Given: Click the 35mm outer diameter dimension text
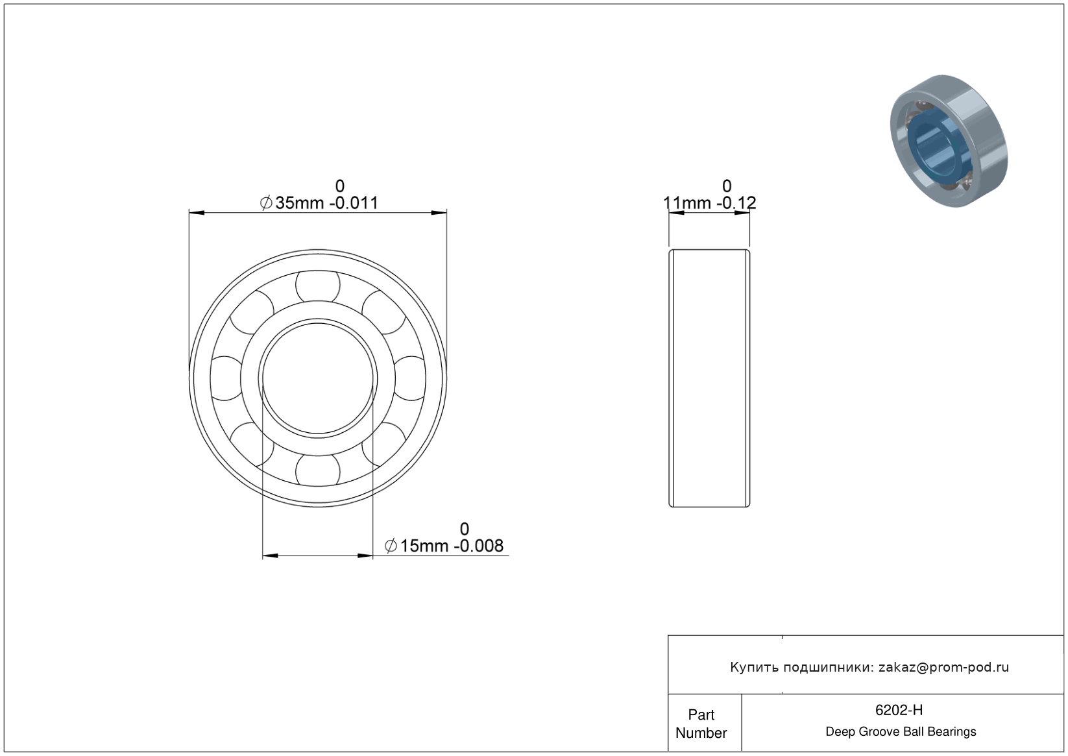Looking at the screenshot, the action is click(x=319, y=202).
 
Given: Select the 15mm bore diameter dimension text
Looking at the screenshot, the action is click(x=444, y=546).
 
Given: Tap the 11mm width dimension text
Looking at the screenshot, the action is click(x=709, y=202).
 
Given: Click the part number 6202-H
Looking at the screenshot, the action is click(x=899, y=710).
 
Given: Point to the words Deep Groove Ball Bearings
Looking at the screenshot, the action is click(x=901, y=732).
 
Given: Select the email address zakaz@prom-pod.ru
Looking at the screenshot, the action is click(x=943, y=667).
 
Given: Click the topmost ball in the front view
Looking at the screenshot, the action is click(x=317, y=286).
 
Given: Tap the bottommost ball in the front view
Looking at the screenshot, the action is click(x=317, y=470).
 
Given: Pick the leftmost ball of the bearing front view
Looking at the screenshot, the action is click(x=226, y=378).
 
